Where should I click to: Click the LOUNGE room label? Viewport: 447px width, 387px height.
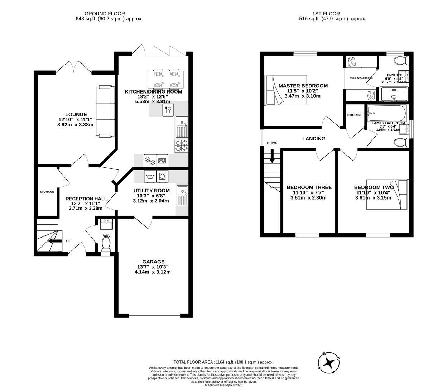point(75,115)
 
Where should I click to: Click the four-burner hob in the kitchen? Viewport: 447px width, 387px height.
point(181,146)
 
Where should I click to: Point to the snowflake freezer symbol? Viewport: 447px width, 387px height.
point(150,161)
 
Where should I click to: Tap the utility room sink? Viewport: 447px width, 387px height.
point(182,196)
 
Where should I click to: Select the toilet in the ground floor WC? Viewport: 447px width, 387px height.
point(106,244)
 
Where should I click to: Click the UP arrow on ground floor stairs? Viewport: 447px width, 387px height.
point(54,241)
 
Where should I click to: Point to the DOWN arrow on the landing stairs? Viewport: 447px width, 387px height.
point(272,156)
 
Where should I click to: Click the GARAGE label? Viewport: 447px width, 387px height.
point(153,262)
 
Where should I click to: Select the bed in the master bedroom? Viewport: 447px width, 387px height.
point(286,90)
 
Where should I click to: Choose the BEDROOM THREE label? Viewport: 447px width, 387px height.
point(309,187)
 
